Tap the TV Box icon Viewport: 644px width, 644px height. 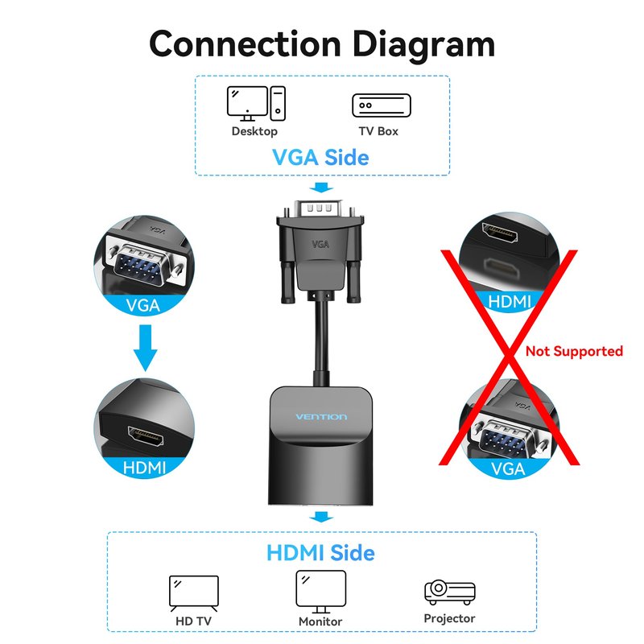pos(381,105)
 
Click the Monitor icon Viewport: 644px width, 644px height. pos(320,590)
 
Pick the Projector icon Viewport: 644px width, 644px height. pos(449,592)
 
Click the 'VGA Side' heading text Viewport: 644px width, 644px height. pos(320,157)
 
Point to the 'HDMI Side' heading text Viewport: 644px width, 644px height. pos(320,553)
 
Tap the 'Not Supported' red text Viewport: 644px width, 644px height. pos(574,351)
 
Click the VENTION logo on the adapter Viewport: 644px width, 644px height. pos(321,416)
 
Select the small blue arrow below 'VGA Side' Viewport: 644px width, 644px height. pos(323,188)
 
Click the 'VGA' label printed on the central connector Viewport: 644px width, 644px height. pos(321,242)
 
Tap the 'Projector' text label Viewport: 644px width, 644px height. pos(449,618)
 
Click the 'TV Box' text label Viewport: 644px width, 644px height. pos(378,130)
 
